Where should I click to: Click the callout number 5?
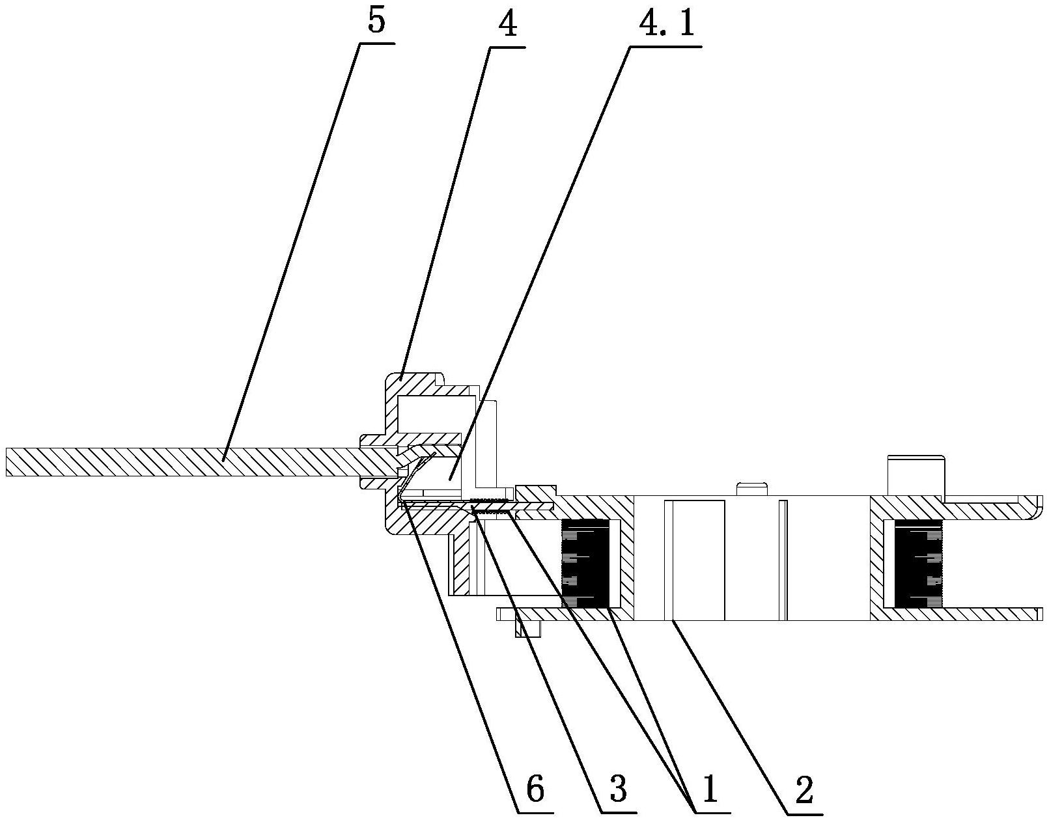coord(376,21)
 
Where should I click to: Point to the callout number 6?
coord(535,789)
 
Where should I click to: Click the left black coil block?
coord(585,564)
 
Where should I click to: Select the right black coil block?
coord(918,564)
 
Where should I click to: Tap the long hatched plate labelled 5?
coord(182,461)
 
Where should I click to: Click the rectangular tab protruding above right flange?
coord(916,476)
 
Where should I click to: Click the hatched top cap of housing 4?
coord(417,384)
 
